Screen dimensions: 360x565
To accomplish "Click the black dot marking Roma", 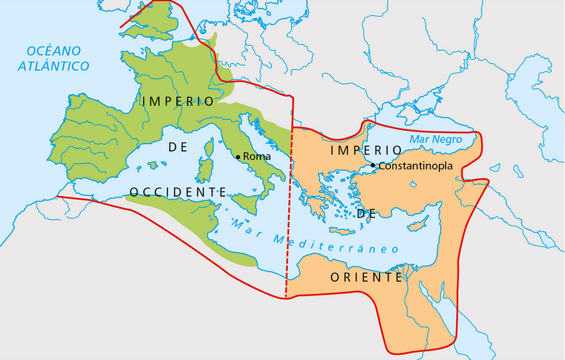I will (x=238, y=157).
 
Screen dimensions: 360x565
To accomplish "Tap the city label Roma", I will (x=257, y=157).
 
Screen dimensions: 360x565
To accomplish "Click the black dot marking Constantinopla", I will (x=374, y=166).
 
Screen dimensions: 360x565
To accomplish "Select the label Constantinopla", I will (x=416, y=166).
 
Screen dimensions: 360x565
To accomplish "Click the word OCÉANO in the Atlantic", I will (x=54, y=51).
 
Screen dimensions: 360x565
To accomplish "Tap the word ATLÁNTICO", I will (x=54, y=66).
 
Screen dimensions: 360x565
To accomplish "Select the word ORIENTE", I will (x=366, y=277).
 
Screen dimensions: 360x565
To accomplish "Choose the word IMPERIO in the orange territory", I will (x=365, y=150).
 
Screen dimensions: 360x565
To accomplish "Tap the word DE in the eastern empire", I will (x=366, y=213).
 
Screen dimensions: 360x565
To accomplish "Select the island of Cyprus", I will (x=418, y=225).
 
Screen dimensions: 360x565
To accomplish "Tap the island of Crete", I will (x=342, y=231).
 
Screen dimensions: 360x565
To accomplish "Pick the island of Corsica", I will (x=208, y=149).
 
